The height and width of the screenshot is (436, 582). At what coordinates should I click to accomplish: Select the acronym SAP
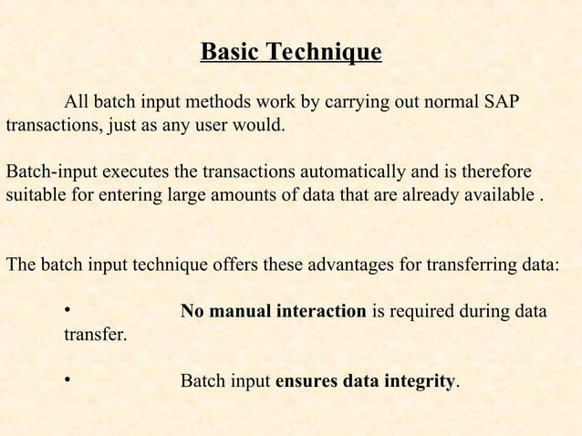pos(501,100)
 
